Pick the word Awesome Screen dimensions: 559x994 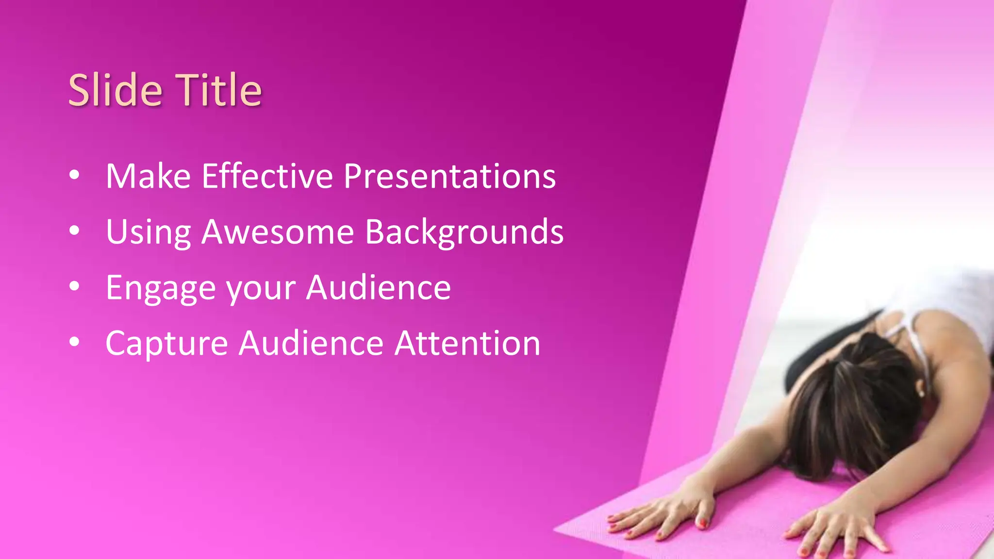click(x=278, y=232)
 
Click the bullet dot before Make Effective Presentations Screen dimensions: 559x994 click(x=74, y=175)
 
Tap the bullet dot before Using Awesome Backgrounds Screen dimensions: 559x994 click(x=74, y=231)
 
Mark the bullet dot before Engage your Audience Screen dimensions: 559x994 click(x=74, y=287)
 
